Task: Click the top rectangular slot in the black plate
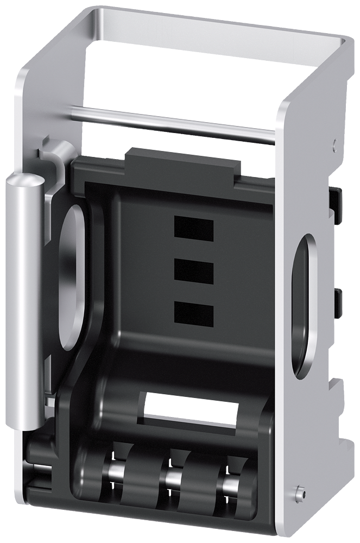193,228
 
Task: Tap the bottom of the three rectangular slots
193,313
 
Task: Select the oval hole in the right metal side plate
301,304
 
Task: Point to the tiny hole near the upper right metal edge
334,144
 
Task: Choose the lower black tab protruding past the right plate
338,304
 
